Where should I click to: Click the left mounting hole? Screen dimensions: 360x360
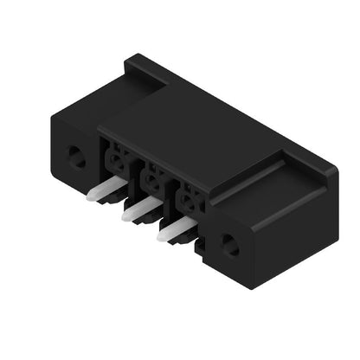click(x=76, y=157)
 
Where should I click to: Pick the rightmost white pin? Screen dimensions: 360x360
click(x=175, y=228)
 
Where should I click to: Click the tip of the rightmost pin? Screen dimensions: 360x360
click(x=161, y=235)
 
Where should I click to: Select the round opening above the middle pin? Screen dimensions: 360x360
click(x=153, y=180)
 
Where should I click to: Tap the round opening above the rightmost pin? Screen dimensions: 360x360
click(x=188, y=202)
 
